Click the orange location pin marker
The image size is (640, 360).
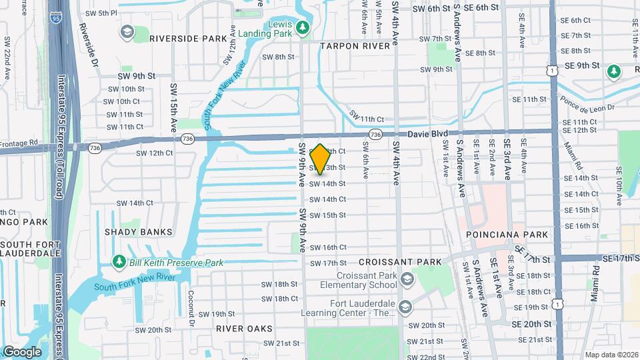(320, 159)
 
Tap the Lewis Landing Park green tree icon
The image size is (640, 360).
(303, 27)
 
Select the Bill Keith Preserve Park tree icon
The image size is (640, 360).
(119, 262)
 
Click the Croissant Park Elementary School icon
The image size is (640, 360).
(407, 279)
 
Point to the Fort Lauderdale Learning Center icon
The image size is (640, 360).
(407, 307)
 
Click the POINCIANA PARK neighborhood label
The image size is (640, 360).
(507, 235)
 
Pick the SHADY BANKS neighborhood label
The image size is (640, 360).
(138, 232)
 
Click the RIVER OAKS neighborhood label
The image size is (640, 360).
(244, 329)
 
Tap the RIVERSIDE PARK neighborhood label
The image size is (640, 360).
(188, 39)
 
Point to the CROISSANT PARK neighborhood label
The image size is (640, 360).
(391, 263)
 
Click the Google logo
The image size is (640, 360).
(21, 351)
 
